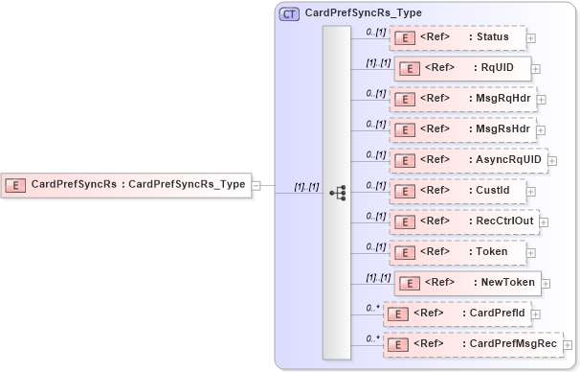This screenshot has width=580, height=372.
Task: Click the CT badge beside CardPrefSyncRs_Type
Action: (x=288, y=14)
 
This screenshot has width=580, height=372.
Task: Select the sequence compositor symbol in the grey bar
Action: (x=337, y=192)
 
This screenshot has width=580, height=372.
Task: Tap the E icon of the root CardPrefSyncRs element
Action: (x=15, y=184)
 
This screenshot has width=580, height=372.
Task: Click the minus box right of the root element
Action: (x=257, y=185)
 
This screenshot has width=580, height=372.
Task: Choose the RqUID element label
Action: (x=498, y=69)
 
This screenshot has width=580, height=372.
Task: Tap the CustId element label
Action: (x=493, y=190)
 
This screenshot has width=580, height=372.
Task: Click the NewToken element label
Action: (x=505, y=283)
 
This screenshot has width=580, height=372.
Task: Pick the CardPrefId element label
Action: (x=495, y=314)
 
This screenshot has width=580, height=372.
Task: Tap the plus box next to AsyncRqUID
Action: (x=552, y=161)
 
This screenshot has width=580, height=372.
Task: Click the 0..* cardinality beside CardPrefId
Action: (x=373, y=308)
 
